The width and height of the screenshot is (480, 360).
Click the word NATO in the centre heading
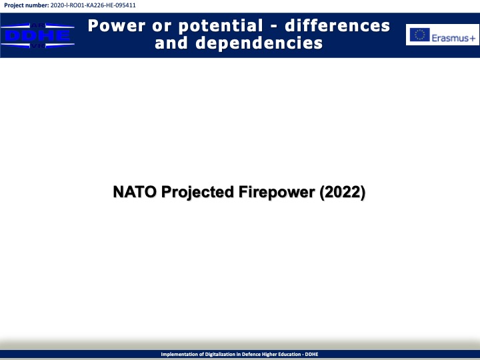point(135,192)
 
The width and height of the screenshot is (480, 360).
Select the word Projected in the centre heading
point(197,193)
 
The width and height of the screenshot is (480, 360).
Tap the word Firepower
point(277,193)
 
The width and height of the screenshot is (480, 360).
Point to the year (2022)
point(342,193)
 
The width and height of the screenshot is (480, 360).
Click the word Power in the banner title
point(117,26)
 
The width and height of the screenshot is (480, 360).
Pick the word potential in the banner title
point(221,26)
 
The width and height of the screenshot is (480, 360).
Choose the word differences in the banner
point(337,26)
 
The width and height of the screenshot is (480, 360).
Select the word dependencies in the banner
point(259,43)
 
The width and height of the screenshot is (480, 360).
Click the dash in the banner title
point(273,27)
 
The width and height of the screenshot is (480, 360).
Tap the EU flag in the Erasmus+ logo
point(420,35)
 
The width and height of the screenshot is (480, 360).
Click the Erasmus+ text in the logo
point(453,38)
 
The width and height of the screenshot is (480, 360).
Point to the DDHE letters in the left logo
point(37,36)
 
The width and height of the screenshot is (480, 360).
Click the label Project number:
point(26,5)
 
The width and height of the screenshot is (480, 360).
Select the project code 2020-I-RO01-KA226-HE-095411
point(93,5)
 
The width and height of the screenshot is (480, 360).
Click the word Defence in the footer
point(251,354)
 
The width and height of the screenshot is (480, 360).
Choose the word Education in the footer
point(289,354)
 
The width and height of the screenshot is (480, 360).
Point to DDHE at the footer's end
point(311,354)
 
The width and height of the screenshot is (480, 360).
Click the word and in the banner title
point(171,43)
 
